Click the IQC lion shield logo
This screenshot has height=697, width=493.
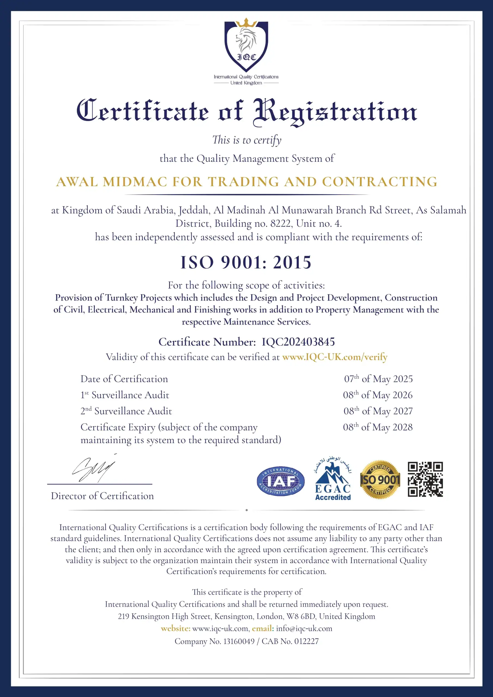coord(246,45)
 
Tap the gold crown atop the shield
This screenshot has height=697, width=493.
coord(246,23)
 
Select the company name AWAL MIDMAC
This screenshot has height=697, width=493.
coord(112,182)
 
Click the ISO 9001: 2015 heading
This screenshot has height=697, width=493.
coord(246,262)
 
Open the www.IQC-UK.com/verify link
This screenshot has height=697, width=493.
coord(335,357)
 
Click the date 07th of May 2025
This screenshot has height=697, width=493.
coord(378,379)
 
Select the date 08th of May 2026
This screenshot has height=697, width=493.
coord(378,395)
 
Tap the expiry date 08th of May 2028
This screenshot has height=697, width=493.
coord(378,427)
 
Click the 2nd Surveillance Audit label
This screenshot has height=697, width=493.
coord(126,411)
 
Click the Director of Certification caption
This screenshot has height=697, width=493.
coord(102,496)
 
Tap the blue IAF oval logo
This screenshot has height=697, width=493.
coord(280,481)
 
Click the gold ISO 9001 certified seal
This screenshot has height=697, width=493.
coord(380,480)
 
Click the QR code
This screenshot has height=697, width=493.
coord(425,480)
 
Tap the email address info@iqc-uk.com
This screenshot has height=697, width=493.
coord(304,628)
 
